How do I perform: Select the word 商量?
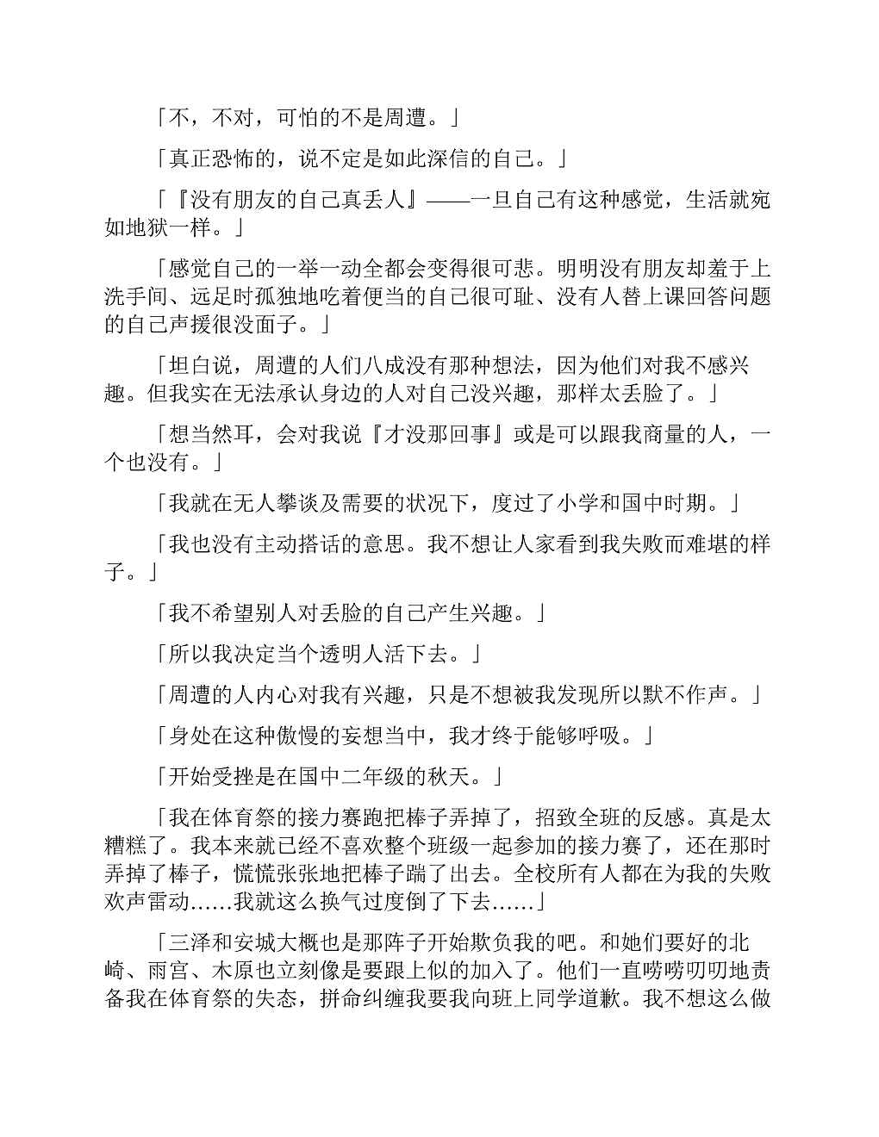pos(664,434)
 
